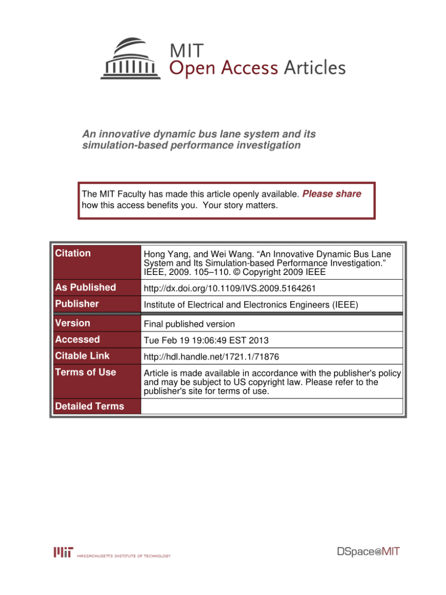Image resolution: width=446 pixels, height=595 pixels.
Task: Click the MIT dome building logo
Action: [131, 59]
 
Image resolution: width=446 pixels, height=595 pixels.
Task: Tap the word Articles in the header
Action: [314, 68]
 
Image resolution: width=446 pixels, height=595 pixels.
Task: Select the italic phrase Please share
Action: [332, 194]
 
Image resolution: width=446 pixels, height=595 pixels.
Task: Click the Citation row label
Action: [73, 253]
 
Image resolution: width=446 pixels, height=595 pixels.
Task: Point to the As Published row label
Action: [85, 287]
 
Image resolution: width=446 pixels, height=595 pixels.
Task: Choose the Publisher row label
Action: [77, 304]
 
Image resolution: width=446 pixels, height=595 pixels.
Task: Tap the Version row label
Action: [73, 323]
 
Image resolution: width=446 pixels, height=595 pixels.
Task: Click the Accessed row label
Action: [77, 339]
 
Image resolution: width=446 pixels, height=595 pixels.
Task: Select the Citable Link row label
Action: [82, 355]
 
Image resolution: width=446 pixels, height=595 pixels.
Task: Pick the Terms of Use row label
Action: [85, 372]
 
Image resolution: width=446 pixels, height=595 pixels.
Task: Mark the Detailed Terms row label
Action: [89, 407]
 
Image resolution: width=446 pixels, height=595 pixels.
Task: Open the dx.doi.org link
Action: [229, 288]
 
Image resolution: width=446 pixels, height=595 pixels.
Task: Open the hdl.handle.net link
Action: [211, 357]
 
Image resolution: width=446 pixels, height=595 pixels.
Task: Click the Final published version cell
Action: [189, 324]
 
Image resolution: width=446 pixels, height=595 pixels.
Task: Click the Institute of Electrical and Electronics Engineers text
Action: [251, 304]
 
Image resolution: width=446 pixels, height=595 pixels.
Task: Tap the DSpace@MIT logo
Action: [368, 552]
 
